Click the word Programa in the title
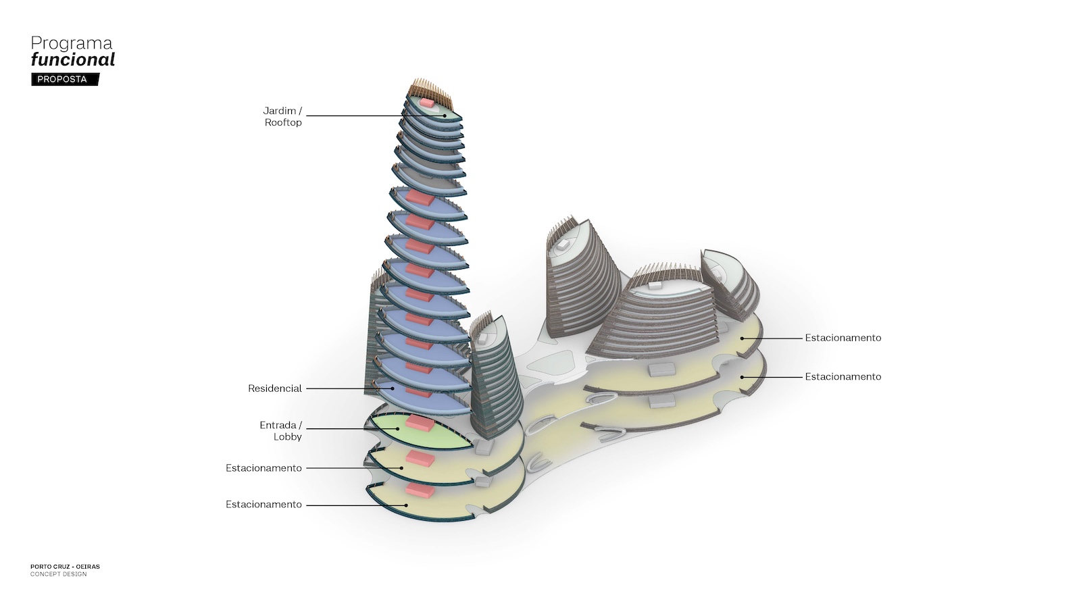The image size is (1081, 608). [x=72, y=43]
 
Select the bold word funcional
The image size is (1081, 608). [x=73, y=59]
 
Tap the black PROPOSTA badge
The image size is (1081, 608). [x=63, y=79]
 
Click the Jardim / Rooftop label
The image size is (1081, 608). [x=282, y=116]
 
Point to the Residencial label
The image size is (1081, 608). [x=274, y=388]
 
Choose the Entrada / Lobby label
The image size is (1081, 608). [x=281, y=430]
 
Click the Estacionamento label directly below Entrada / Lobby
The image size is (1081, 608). [x=263, y=467]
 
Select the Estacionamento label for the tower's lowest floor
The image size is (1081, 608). [x=263, y=504]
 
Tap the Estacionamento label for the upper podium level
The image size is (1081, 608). [x=843, y=338]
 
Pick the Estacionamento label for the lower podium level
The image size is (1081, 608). [x=843, y=376]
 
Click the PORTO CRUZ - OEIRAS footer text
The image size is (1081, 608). [x=65, y=567]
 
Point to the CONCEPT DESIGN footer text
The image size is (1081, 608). [x=58, y=574]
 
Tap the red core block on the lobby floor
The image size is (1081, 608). [x=420, y=424]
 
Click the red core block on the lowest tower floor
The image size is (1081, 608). [x=420, y=491]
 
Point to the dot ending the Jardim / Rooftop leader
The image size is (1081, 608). [x=445, y=116]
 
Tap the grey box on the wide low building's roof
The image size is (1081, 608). [x=653, y=286]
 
